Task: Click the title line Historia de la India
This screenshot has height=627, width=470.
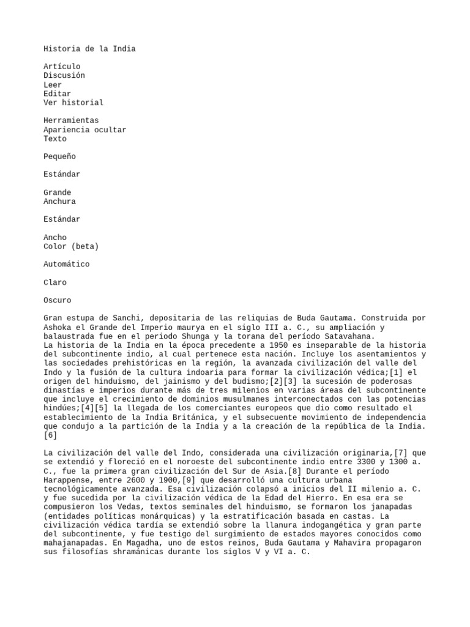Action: coord(89,48)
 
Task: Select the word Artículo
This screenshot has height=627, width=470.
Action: coord(62,66)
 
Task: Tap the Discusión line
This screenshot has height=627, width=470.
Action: coord(64,75)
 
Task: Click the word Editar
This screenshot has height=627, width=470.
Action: coord(57,94)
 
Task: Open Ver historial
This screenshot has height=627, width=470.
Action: coord(73,103)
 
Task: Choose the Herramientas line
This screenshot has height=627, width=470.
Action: coord(71,121)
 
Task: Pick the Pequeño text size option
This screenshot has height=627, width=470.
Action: coord(59,157)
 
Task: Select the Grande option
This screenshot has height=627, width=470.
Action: coord(57,192)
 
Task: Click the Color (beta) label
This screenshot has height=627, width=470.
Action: coord(71,246)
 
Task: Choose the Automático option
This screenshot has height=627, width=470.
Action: coord(66,264)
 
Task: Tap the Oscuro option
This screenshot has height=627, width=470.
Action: coord(57,300)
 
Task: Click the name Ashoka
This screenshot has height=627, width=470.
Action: coord(57,327)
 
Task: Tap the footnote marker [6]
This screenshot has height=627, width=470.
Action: coord(50,435)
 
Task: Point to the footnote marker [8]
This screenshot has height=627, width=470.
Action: coord(296,471)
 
